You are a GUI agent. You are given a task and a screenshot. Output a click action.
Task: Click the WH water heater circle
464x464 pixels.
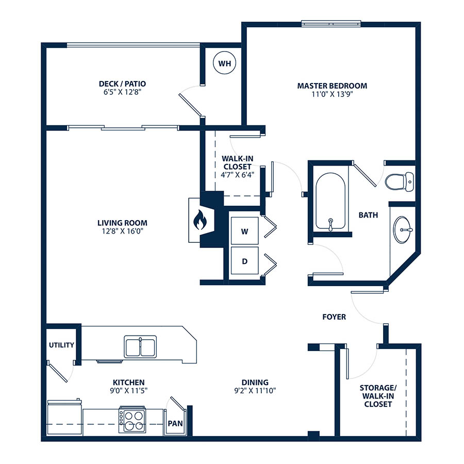tap(225, 63)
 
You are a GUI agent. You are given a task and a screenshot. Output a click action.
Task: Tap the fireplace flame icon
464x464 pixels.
tap(200, 220)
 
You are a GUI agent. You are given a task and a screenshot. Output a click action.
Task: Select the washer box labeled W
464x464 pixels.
tap(244, 231)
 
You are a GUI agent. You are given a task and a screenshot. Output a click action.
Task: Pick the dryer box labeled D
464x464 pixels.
tap(244, 261)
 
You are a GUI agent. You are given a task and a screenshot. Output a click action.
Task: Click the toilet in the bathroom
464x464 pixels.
tap(400, 181)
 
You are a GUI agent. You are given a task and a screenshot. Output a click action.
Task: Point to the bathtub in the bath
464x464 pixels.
tap(330, 201)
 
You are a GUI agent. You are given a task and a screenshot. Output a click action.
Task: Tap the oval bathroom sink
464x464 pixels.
tap(402, 229)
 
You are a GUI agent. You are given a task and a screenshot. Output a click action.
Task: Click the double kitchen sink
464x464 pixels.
tap(140, 347)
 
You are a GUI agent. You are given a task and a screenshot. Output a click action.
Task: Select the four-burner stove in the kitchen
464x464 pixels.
tap(132, 420)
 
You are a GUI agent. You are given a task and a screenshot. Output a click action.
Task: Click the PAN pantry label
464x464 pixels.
tap(175, 423)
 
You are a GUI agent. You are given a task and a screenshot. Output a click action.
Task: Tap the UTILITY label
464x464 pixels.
tap(61, 345)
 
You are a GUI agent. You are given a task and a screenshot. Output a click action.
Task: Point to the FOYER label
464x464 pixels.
tap(334, 317)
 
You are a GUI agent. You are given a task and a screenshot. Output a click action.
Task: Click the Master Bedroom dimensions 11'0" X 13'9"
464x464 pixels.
tap(333, 94)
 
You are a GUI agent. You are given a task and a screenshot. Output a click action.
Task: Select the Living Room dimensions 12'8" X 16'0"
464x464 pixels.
tap(123, 231)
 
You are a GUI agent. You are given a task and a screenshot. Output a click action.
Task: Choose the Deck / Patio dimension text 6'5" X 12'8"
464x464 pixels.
tap(122, 92)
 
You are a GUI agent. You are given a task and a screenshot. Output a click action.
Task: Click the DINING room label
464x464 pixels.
tap(255, 383)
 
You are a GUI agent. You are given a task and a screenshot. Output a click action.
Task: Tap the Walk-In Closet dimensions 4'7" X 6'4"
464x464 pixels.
tap(237, 175)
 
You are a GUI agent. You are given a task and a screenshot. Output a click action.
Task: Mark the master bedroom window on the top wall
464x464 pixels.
tap(331, 23)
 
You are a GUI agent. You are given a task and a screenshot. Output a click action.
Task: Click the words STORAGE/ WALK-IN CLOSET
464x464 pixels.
tap(378, 396)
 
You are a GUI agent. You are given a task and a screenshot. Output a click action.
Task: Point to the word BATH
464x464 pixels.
tap(368, 215)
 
